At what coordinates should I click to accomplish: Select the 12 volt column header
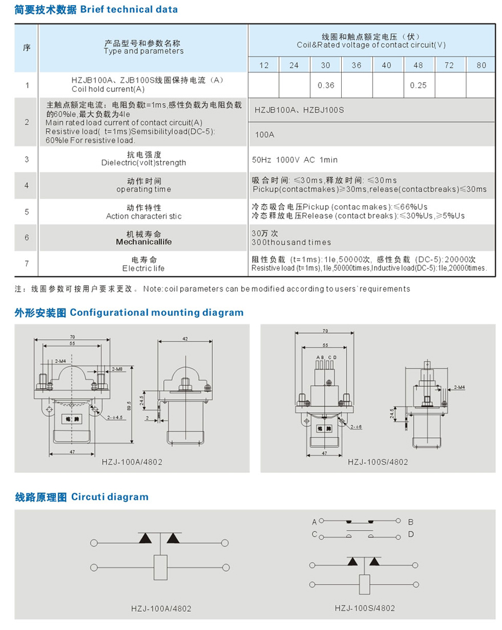pyautogui.click(x=264, y=65)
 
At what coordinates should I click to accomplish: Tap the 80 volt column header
pyautogui.click(x=481, y=65)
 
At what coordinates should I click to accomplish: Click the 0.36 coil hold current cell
pyautogui.click(x=326, y=86)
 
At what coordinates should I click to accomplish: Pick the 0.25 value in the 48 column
pyautogui.click(x=418, y=86)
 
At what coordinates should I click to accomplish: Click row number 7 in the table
pyautogui.click(x=27, y=263)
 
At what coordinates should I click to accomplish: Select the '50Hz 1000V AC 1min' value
pyautogui.click(x=294, y=160)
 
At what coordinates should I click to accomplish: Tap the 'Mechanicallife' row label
pyautogui.click(x=144, y=242)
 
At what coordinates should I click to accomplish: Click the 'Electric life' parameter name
pyautogui.click(x=144, y=268)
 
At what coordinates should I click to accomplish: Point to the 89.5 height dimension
pyautogui.click(x=137, y=407)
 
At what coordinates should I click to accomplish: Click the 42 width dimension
pyautogui.click(x=185, y=339)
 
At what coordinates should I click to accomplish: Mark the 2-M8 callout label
pyautogui.click(x=118, y=369)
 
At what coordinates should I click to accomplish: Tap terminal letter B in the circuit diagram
pyautogui.click(x=411, y=521)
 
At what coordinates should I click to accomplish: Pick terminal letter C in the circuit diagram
pyautogui.click(x=314, y=534)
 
